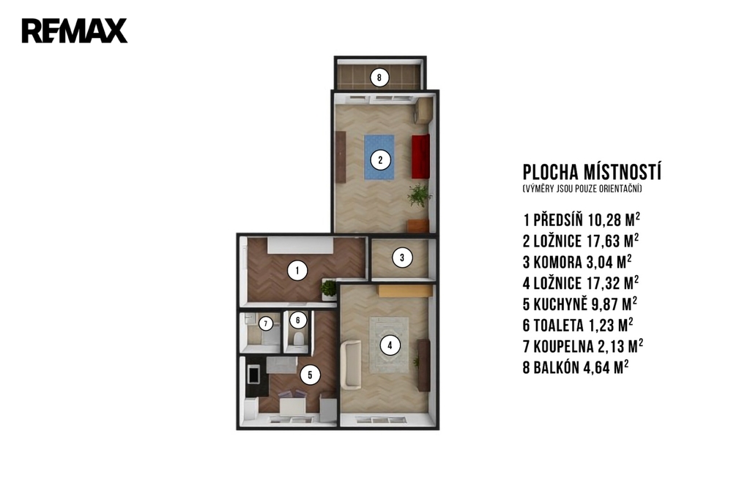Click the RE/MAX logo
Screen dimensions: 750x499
point(75,31)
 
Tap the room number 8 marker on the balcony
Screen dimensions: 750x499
point(379,78)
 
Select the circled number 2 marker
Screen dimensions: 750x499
point(380,160)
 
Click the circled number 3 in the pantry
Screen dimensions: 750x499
point(402,258)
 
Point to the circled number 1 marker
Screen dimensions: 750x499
point(297,271)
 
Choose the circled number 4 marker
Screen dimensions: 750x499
point(390,345)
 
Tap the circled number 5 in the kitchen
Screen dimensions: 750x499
point(310,375)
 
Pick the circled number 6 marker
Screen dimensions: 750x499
point(298,320)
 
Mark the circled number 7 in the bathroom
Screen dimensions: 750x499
point(265,324)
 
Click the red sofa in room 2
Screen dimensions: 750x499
point(420,157)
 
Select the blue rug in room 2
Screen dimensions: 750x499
point(379,157)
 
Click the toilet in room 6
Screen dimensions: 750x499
point(298,339)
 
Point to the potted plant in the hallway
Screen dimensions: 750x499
point(329,289)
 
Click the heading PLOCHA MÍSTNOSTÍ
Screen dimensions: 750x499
point(592,172)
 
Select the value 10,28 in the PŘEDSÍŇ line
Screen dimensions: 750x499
point(604,220)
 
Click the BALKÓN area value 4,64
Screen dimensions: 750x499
point(598,368)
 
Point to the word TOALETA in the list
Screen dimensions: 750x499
point(558,326)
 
